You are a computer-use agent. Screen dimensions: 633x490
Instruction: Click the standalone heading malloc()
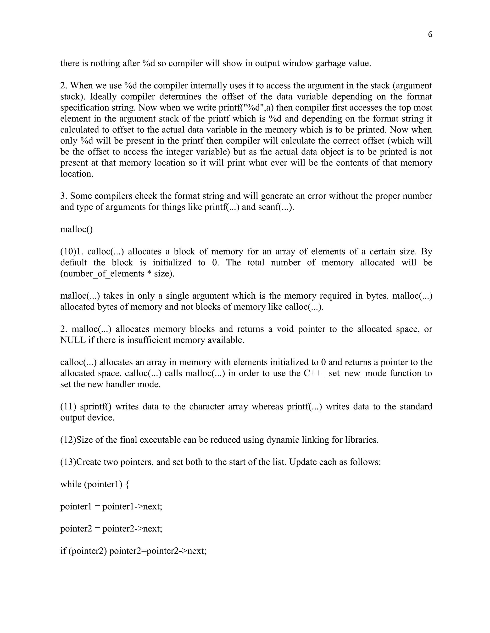76,229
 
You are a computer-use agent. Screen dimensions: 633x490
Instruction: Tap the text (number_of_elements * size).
117,274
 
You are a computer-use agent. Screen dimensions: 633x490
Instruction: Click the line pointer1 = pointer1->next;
111,507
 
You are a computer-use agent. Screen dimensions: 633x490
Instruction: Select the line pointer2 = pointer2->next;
111,529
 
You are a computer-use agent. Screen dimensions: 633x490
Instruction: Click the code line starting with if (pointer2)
133,551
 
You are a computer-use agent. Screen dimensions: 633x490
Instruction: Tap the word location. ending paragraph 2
77,174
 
